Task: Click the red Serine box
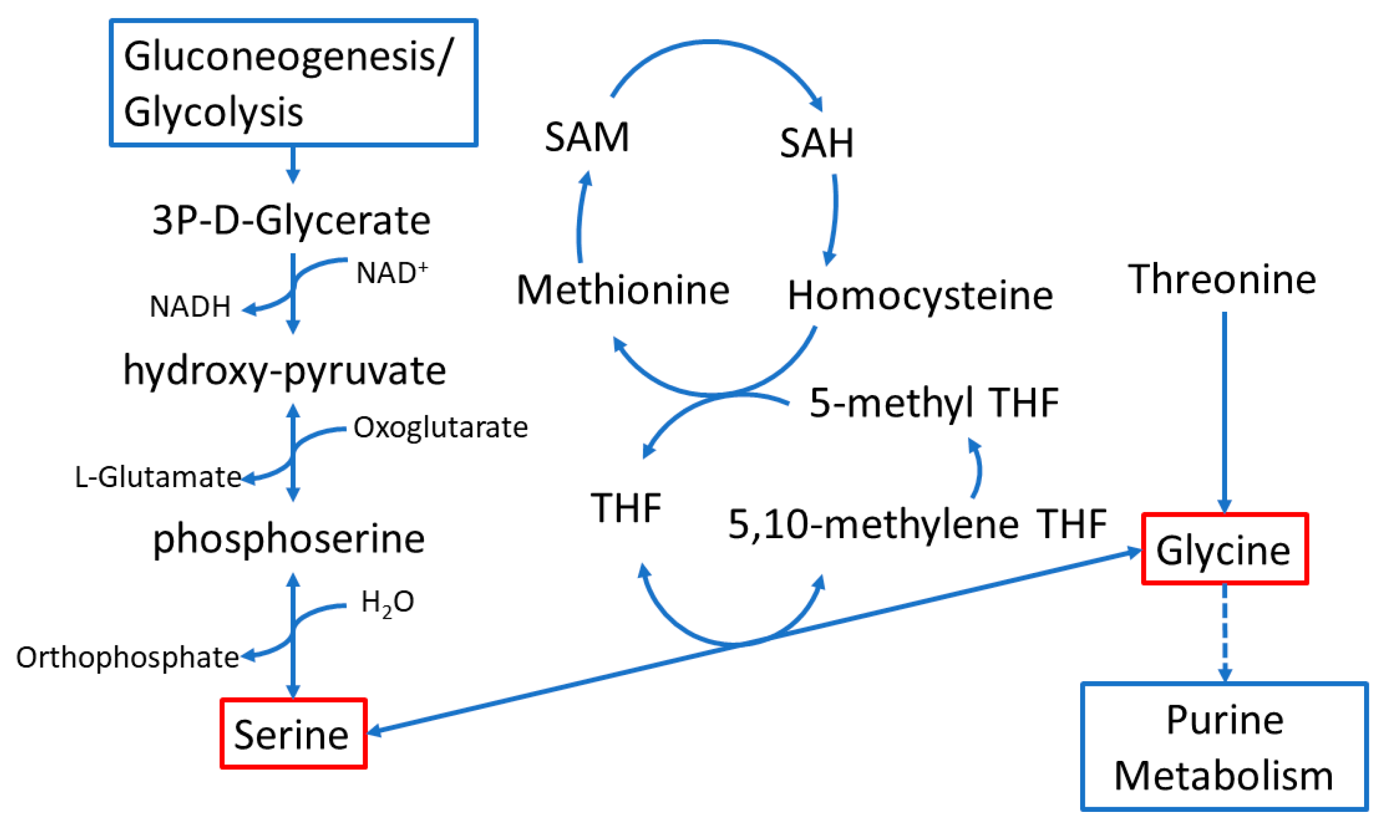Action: [293, 733]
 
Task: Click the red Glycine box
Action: [1224, 550]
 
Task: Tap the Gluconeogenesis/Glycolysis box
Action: [293, 83]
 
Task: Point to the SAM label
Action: [586, 137]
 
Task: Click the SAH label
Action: [816, 144]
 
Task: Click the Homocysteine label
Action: [920, 296]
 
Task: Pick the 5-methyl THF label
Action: [933, 402]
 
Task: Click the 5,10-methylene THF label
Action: [917, 525]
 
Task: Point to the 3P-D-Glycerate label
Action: [292, 220]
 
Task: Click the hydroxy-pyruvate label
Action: [284, 371]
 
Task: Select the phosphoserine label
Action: [289, 539]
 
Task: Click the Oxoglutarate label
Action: [441, 428]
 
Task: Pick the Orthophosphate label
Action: [127, 657]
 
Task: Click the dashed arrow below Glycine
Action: [1224, 633]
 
